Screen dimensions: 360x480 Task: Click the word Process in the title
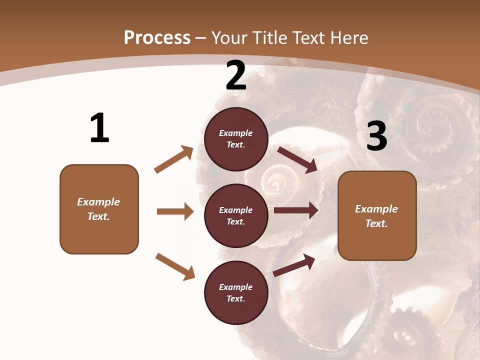tap(157, 38)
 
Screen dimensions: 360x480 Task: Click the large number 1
tap(99, 128)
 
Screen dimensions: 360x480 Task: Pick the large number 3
tap(376, 136)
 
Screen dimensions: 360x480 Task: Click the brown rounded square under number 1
tap(99, 209)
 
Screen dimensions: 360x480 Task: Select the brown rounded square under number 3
tap(377, 215)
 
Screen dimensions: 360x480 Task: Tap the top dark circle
tap(236, 139)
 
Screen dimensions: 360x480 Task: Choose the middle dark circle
tap(236, 215)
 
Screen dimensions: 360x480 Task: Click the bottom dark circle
tap(236, 292)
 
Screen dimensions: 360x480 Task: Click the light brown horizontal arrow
tap(175, 211)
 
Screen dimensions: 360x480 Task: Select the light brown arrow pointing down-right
tap(175, 266)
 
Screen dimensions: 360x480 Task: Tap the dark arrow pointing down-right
tap(297, 159)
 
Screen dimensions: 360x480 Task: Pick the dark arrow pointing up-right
tap(294, 265)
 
